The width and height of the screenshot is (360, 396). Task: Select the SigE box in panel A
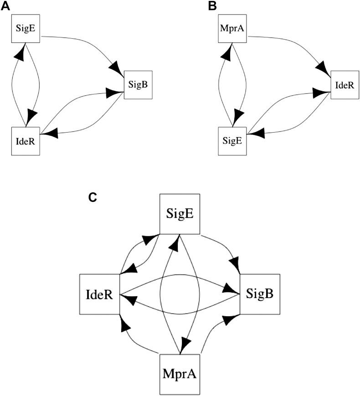click(26, 30)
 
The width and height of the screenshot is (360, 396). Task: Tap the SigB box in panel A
click(138, 85)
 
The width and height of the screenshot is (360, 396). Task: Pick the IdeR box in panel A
click(26, 141)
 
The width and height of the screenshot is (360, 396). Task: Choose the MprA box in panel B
click(232, 30)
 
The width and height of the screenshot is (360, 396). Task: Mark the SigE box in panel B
click(232, 141)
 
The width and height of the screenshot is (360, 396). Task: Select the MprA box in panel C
click(180, 375)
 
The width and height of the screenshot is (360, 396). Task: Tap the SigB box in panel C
click(260, 294)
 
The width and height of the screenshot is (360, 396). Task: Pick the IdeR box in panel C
click(99, 294)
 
